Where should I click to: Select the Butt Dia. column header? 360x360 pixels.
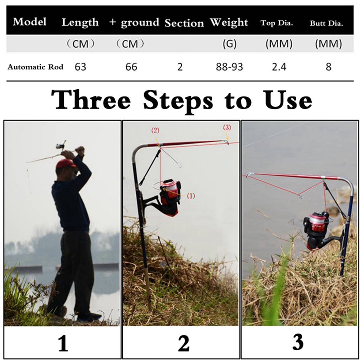326,23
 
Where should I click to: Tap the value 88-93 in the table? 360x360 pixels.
229,67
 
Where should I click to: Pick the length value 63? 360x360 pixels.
80,67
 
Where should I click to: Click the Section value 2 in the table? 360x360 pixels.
180,67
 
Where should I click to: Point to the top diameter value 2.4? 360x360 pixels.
279,67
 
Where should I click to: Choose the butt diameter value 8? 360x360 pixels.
329,67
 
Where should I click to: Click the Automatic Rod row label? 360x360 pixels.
35,67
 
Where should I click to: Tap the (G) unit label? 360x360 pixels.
229,44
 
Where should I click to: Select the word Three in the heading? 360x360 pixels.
91,100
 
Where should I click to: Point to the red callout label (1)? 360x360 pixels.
191,196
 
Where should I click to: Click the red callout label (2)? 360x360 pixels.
155,131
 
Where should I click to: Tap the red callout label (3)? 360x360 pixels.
227,127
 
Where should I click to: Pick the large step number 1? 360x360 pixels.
63,343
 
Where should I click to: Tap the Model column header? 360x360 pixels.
30,22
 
